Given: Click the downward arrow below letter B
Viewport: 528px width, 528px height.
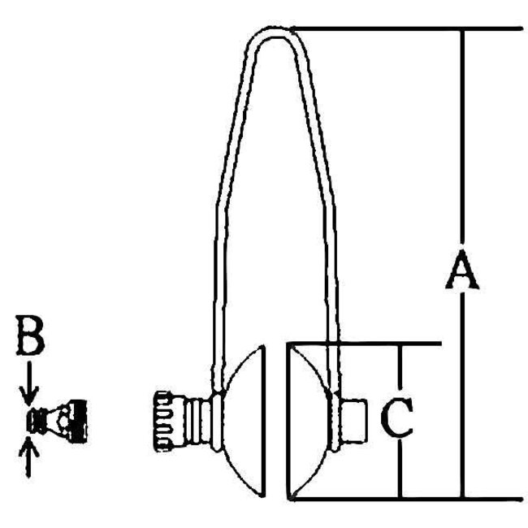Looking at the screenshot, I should [x=30, y=390].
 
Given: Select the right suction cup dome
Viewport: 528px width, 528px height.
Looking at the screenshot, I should [x=311, y=420].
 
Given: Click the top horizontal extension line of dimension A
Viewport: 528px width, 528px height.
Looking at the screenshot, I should [x=406, y=29].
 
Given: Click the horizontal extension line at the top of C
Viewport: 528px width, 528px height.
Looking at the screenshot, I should [x=366, y=343].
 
